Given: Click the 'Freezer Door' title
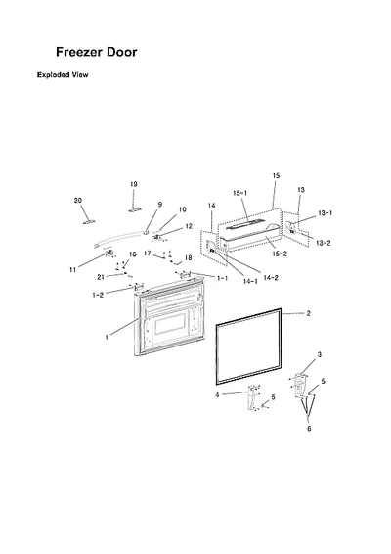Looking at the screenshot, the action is (x=97, y=52).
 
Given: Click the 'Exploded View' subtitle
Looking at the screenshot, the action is (x=63, y=75).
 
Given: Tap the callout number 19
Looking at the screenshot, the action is (x=133, y=184).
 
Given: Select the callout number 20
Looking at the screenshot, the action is (x=78, y=201).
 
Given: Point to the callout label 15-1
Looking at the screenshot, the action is (x=239, y=193).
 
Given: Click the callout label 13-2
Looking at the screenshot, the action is (x=324, y=243).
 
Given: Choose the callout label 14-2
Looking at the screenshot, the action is (x=271, y=278).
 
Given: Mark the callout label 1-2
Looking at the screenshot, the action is (x=98, y=295).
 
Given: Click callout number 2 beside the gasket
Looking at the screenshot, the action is (x=309, y=313).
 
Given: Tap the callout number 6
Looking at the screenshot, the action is (x=309, y=429).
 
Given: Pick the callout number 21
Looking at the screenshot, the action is (x=101, y=277).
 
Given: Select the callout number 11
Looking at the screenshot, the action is (x=72, y=270).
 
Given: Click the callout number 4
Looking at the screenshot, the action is (x=217, y=395).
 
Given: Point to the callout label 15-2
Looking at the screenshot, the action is (x=280, y=254).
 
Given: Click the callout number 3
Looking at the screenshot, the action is (x=320, y=354).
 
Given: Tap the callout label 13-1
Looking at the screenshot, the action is (x=325, y=213).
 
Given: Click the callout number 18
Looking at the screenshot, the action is (x=189, y=258).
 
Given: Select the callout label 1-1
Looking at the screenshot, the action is (x=222, y=278).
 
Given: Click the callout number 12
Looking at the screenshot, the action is (x=189, y=226).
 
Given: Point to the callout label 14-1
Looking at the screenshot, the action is (x=250, y=281).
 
